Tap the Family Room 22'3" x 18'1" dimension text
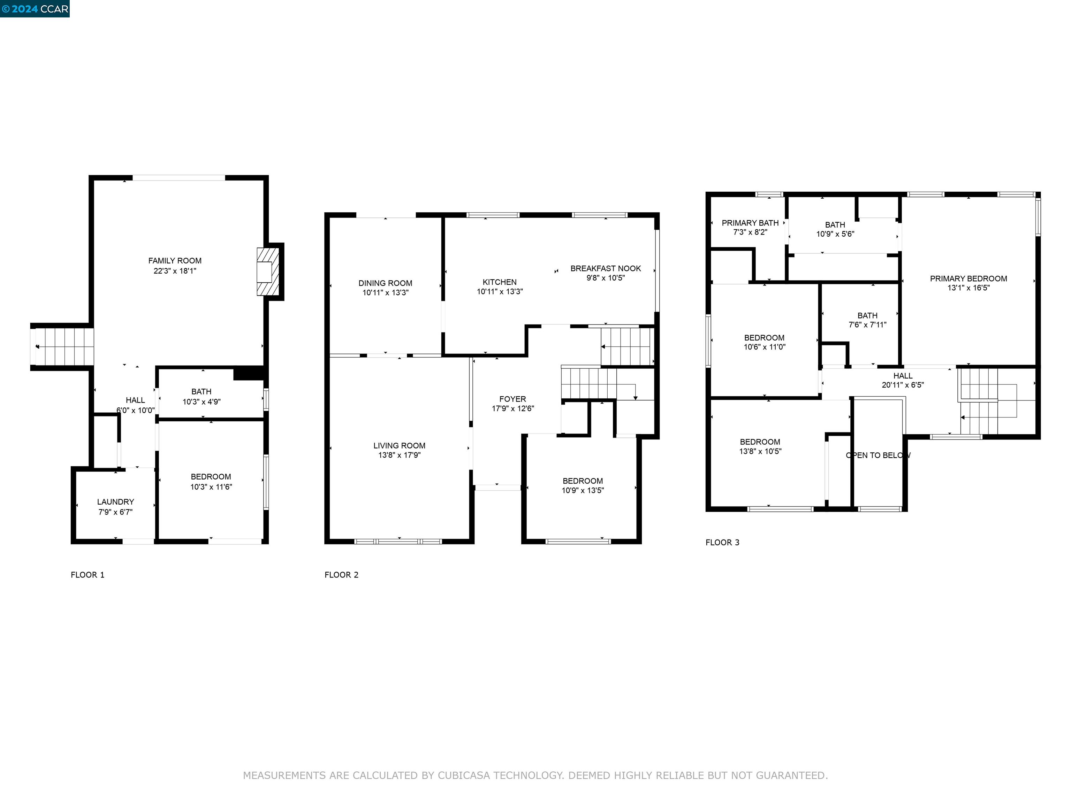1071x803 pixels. tap(175, 271)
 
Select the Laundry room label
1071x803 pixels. tap(115, 502)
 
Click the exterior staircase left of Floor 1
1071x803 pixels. tap(63, 346)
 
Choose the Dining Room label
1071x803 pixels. tap(385, 283)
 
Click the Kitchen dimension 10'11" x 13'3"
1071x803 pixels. tap(500, 292)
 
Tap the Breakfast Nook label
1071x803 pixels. tap(605, 268)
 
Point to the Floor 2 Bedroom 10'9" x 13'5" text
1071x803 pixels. tap(583, 490)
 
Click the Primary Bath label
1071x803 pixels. tap(750, 223)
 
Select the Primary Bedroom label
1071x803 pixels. tap(969, 279)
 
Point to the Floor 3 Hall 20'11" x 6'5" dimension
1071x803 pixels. tap(903, 385)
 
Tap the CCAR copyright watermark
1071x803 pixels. tap(35, 9)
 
